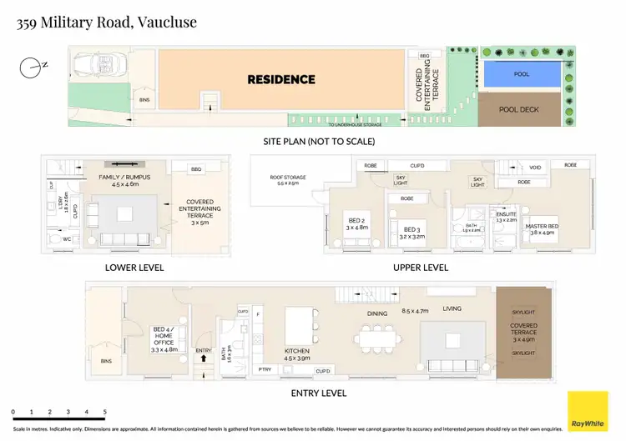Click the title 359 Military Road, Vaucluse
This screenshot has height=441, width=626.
(x=108, y=23)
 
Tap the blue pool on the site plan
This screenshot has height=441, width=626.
(x=522, y=74)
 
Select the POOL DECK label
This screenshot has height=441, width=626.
(x=519, y=109)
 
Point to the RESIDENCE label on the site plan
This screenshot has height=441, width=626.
(x=281, y=80)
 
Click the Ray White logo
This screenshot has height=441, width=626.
(x=588, y=412)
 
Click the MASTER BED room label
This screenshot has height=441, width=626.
(x=540, y=229)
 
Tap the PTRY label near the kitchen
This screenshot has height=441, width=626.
(x=264, y=368)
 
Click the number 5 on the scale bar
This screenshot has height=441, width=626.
(x=105, y=412)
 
